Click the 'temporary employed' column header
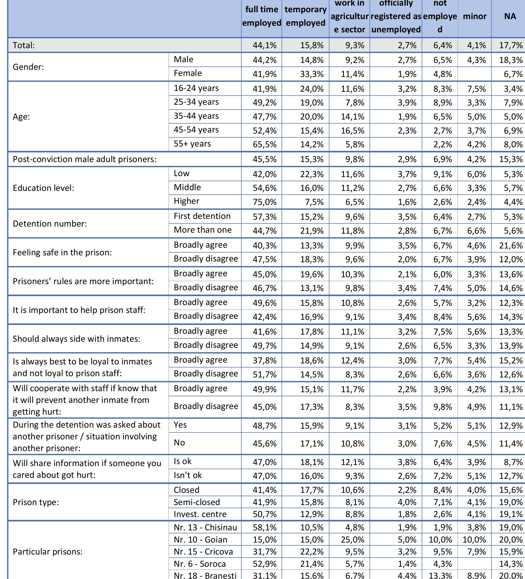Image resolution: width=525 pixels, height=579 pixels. [x=305, y=16]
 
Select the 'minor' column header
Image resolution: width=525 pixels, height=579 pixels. [x=475, y=16]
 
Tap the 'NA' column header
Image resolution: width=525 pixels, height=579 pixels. [x=510, y=16]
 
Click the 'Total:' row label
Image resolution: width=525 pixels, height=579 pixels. [x=24, y=45]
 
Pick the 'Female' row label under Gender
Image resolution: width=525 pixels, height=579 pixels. [x=188, y=73]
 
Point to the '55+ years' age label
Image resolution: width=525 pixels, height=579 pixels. [x=192, y=143]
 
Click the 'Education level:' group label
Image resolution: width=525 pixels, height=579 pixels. [x=43, y=188]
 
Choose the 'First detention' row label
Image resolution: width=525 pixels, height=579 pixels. [x=202, y=216]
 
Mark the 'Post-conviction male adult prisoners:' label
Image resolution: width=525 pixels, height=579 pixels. [x=85, y=159]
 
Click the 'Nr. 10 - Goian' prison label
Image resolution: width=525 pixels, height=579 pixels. [x=200, y=540]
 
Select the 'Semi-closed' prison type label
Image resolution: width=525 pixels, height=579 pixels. [x=197, y=502]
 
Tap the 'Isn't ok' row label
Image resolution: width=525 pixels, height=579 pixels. [x=188, y=475]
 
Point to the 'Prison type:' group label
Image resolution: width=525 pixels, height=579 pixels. [x=36, y=502]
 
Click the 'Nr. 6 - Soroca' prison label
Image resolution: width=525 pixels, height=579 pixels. [x=200, y=564]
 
